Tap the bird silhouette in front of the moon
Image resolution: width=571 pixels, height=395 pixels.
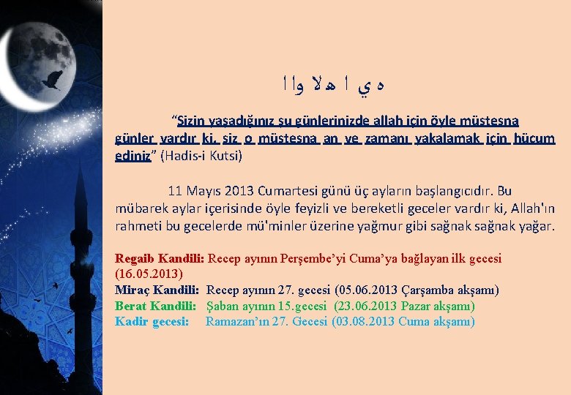51,82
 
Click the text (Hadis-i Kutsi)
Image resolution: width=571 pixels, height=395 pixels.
201,155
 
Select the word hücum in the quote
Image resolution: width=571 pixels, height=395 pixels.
534,138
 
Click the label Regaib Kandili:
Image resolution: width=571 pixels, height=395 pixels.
160,258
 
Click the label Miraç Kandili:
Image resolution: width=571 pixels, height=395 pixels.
157,290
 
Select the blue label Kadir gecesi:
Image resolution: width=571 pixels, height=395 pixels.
152,321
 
